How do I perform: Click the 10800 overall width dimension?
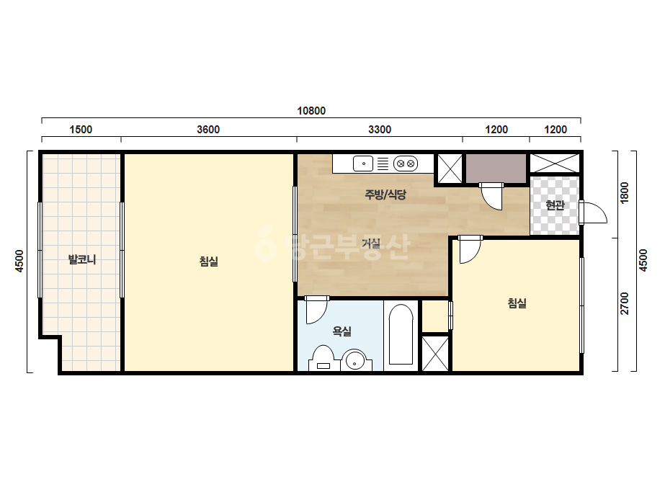[x=311, y=111]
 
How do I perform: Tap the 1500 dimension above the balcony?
[x=81, y=130]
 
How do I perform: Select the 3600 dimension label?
[x=208, y=130]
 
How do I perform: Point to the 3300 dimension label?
[x=380, y=130]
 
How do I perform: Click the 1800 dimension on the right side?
[x=625, y=192]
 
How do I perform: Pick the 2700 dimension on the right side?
[x=625, y=303]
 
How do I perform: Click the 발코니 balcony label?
[x=82, y=259]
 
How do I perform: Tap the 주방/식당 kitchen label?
[x=385, y=195]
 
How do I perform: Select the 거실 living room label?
[x=371, y=243]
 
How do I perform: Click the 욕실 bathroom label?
[x=342, y=331]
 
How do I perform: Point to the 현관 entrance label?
[x=555, y=205]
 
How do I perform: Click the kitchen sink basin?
[x=363, y=164]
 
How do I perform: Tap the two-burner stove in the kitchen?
[x=406, y=164]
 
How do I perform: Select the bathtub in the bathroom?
[x=401, y=335]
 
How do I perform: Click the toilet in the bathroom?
[x=323, y=359]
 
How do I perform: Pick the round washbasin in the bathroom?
[x=354, y=361]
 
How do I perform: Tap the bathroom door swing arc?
[x=317, y=310]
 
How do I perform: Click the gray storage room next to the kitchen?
[x=496, y=169]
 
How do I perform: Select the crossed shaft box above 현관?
[x=555, y=164]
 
